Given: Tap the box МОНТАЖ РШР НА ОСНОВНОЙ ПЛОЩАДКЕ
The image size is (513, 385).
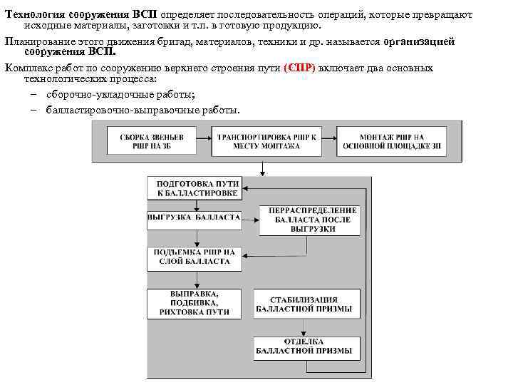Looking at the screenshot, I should click(x=392, y=140).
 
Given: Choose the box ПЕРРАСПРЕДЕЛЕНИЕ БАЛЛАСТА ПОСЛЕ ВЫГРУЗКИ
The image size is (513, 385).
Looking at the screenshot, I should click(x=308, y=220).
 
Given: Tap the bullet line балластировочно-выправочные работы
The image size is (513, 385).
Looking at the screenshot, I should click(x=142, y=111).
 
